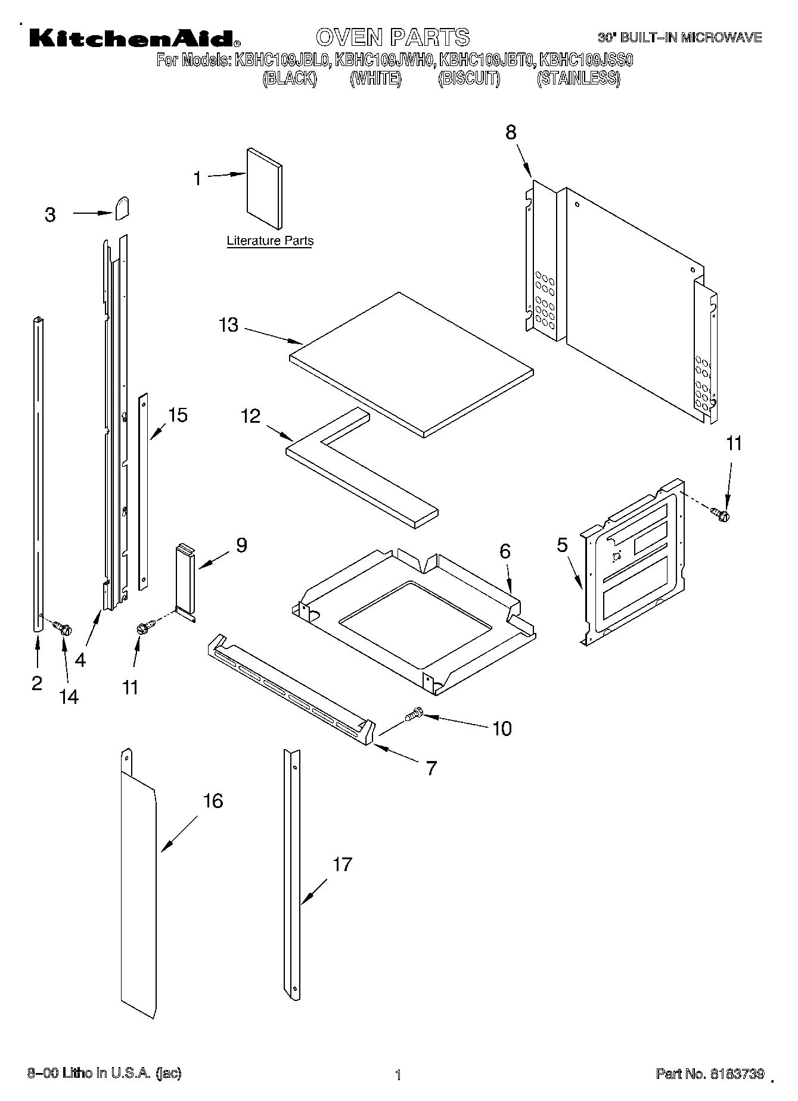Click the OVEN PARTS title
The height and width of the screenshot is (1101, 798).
click(393, 37)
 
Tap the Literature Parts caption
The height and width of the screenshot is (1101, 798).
click(270, 241)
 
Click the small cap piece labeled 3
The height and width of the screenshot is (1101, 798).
click(122, 208)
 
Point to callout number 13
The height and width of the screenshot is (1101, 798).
click(228, 325)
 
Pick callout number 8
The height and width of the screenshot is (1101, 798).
click(511, 133)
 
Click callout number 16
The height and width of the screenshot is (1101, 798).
click(213, 801)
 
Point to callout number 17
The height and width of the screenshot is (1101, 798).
click(342, 864)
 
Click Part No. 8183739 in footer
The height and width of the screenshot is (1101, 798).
click(709, 1074)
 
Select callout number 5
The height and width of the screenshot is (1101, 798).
click(562, 545)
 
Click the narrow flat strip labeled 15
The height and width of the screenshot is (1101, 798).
click(143, 491)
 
